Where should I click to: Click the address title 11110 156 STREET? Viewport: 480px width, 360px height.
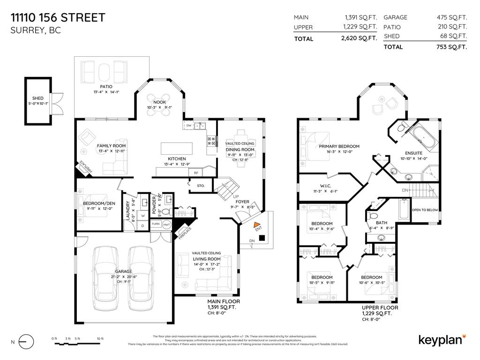point(58,18)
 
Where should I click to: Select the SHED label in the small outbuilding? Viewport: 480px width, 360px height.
point(38,98)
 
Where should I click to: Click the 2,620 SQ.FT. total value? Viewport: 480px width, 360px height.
point(360,39)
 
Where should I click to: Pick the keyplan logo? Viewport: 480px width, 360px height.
point(441,339)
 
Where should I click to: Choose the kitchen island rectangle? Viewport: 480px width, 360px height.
point(177,148)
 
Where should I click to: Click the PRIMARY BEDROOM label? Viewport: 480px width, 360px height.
point(336,146)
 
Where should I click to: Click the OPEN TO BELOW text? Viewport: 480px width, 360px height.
point(425,210)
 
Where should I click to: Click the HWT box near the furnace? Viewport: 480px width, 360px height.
point(166,224)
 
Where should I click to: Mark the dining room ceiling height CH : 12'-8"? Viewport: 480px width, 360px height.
point(240,160)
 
